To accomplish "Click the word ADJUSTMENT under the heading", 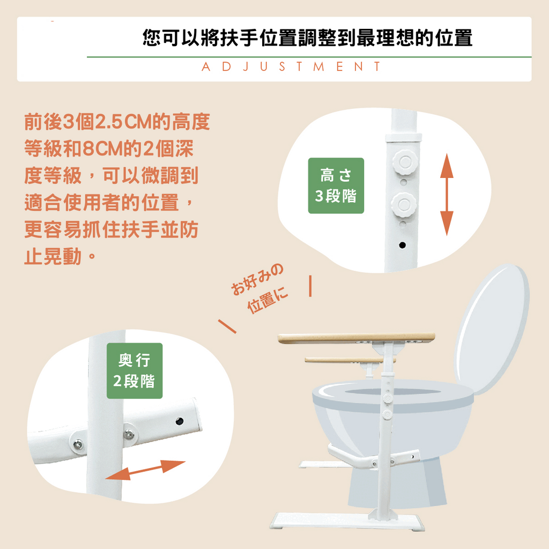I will click(291, 67).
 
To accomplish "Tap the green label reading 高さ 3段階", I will click(336, 186).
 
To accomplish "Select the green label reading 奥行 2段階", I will click(134, 370).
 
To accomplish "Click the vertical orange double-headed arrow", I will click(447, 195).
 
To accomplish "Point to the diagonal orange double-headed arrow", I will click(145, 470).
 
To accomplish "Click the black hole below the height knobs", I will click(402, 246).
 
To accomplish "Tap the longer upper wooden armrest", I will click(356, 338).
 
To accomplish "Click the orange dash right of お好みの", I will click(310, 286).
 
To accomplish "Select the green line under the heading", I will click(309, 57).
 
